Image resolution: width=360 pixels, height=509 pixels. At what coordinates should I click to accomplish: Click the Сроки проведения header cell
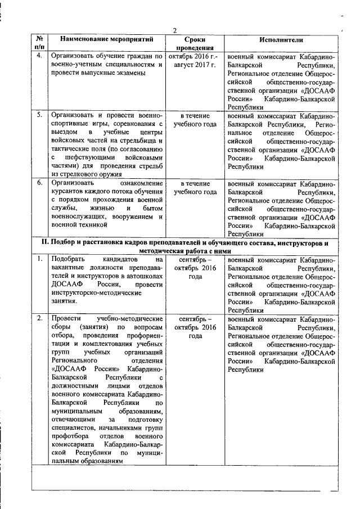tap(195, 44)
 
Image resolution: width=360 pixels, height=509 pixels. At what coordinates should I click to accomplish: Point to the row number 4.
tap(39, 56)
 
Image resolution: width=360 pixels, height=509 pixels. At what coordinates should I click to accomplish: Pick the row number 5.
tap(39, 115)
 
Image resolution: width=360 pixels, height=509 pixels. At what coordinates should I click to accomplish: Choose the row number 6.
tap(39, 183)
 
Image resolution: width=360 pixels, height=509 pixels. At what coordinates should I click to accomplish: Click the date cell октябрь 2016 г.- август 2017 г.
tap(195, 61)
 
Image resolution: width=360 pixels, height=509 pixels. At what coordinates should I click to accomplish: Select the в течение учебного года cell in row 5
tap(195, 120)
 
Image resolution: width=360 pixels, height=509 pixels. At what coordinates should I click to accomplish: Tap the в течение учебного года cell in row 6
tap(195, 188)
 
